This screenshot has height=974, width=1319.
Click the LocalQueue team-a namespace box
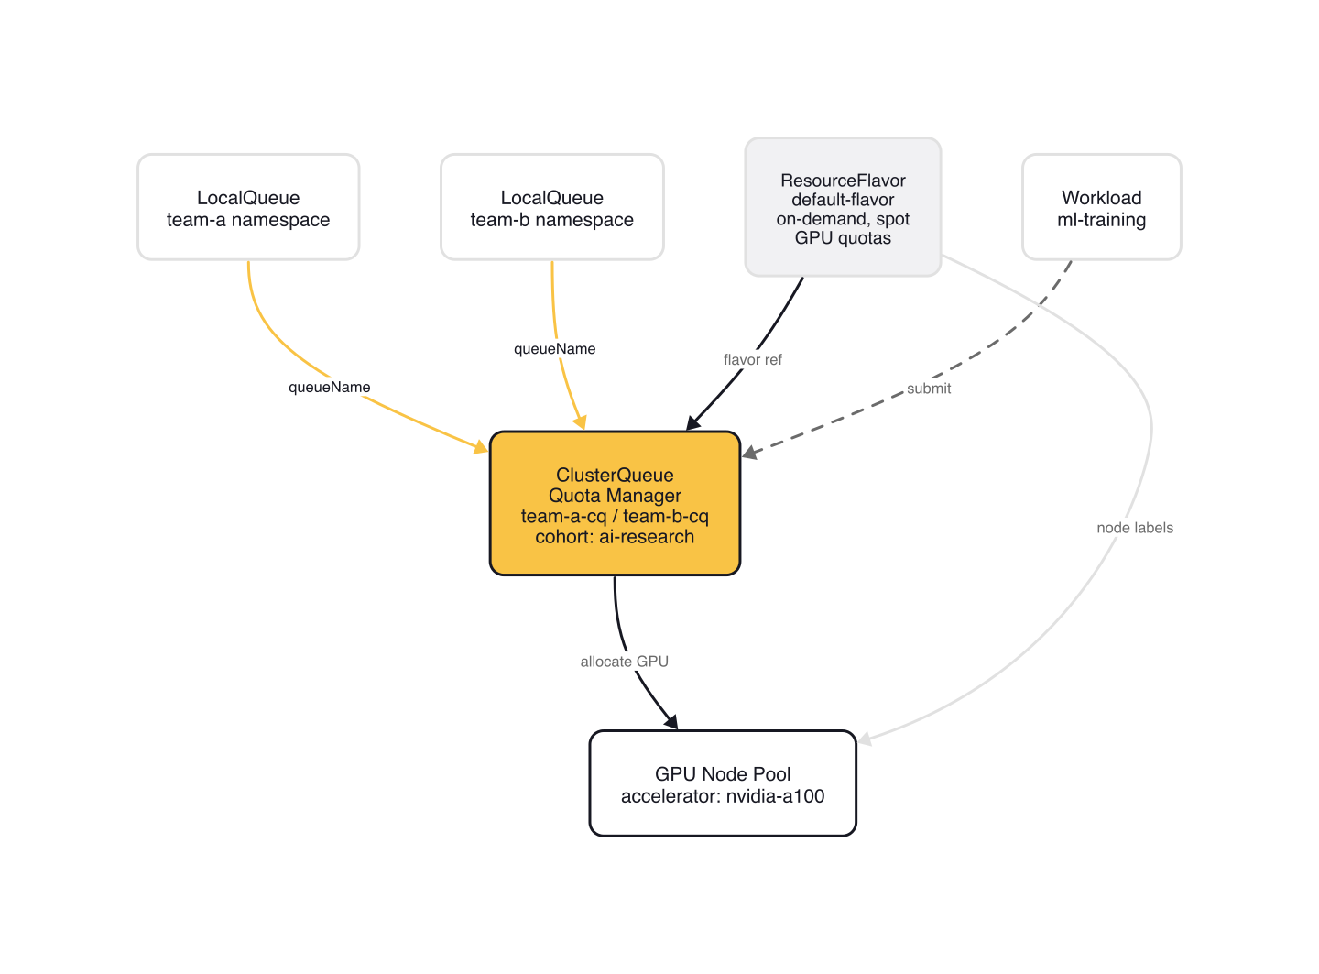click(x=248, y=207)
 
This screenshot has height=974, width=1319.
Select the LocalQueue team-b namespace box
click(x=551, y=207)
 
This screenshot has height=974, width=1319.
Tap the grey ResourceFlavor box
click(x=843, y=207)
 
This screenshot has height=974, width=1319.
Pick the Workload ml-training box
click(x=1101, y=207)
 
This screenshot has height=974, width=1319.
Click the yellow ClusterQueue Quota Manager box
click(x=615, y=503)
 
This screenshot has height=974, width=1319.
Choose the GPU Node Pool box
click(x=723, y=783)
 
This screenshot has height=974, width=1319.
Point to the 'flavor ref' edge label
click(x=753, y=360)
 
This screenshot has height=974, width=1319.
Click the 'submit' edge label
click(x=929, y=389)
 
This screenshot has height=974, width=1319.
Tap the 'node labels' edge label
click(x=1135, y=528)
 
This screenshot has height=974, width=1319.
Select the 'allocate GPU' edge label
click(x=625, y=662)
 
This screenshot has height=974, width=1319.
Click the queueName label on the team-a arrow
click(x=330, y=388)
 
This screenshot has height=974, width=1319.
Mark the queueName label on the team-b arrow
click(x=554, y=349)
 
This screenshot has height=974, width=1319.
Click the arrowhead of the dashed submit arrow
click(x=750, y=453)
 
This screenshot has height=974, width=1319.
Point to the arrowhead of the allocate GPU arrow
click(x=671, y=721)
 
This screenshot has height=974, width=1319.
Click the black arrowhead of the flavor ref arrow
click(x=692, y=423)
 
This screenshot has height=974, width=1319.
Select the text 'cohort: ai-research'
click(x=615, y=537)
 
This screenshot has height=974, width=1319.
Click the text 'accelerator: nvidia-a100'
click(x=723, y=796)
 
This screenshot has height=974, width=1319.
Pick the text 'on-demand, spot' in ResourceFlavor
click(x=843, y=219)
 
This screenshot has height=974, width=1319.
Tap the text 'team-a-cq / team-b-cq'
click(x=615, y=517)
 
